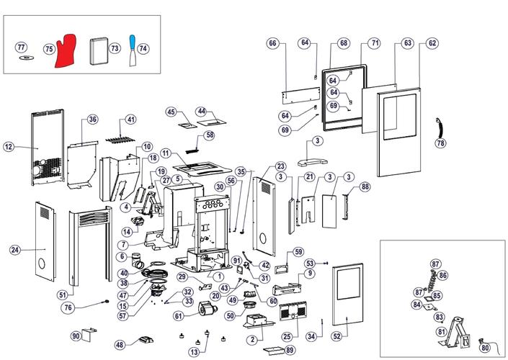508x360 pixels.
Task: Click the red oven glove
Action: click(x=70, y=50)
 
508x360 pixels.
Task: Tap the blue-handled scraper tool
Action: click(x=133, y=50)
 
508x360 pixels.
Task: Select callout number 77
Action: click(x=22, y=47)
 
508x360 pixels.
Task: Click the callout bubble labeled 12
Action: click(x=9, y=147)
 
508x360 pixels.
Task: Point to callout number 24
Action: click(x=14, y=250)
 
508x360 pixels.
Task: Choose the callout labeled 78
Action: click(x=440, y=143)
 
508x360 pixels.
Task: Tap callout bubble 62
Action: click(x=432, y=43)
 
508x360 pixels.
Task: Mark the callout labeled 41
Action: click(x=130, y=119)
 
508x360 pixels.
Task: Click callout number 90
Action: click(x=76, y=336)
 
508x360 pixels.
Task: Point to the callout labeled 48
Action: click(x=120, y=344)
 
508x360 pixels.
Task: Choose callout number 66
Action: click(x=272, y=43)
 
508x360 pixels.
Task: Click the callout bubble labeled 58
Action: click(x=210, y=135)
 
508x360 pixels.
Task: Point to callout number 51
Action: click(x=62, y=294)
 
